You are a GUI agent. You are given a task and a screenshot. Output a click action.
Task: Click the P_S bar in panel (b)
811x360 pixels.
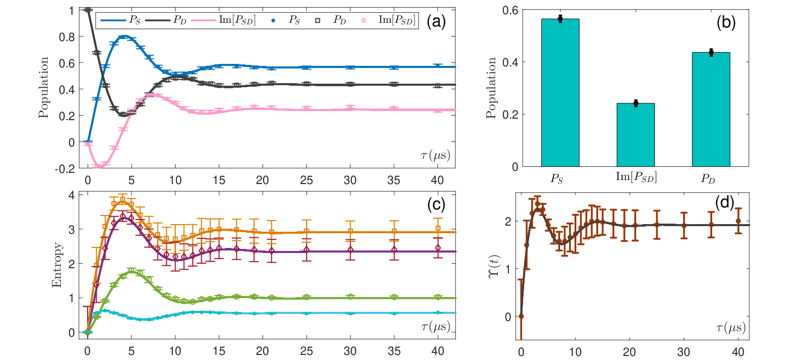click(x=560, y=93)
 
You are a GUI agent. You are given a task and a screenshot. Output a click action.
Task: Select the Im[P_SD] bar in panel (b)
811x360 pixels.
click(x=636, y=135)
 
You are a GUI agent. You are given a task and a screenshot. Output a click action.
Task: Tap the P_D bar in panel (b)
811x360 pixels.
click(x=711, y=110)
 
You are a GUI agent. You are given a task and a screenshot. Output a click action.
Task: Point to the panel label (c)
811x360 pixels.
click(x=436, y=205)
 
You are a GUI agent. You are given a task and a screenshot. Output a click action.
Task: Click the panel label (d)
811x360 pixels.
click(x=724, y=202)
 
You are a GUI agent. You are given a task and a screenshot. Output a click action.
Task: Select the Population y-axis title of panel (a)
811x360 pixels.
click(x=44, y=87)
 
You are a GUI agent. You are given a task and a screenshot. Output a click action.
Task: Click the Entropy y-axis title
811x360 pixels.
click(x=57, y=265)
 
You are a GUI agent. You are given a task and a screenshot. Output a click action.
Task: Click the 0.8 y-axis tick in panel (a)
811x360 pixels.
click(x=67, y=37)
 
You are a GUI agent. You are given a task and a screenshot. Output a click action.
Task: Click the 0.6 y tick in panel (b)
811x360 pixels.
click(x=510, y=10)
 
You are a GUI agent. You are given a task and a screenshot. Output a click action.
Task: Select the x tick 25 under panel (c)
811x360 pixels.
click(x=306, y=351)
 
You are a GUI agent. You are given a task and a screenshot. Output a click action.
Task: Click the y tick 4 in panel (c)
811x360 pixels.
click(x=71, y=195)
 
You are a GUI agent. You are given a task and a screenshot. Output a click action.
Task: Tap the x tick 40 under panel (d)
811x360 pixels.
click(x=738, y=352)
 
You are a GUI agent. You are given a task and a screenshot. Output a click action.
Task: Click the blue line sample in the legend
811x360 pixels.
click(x=113, y=20)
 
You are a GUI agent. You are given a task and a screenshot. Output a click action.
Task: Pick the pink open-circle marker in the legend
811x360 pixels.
click(x=363, y=21)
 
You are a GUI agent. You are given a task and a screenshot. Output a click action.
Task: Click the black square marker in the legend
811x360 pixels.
click(x=317, y=21)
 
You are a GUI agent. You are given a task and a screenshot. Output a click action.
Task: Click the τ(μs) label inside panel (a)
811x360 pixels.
click(x=435, y=156)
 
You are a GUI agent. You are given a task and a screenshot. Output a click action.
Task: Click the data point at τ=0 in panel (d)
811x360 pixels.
click(x=521, y=316)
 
